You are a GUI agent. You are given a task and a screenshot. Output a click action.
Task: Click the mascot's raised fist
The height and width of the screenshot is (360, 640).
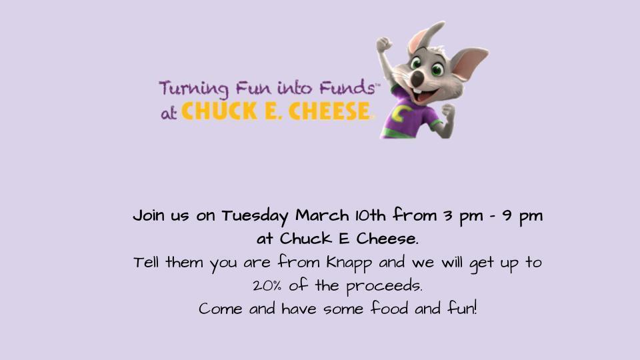(383, 46)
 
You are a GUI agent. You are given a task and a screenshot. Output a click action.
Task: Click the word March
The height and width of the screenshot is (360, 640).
(322, 217)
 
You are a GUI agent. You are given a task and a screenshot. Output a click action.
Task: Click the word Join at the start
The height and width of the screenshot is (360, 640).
(149, 217)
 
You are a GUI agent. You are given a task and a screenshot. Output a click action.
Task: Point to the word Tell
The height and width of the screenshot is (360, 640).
(147, 262)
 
